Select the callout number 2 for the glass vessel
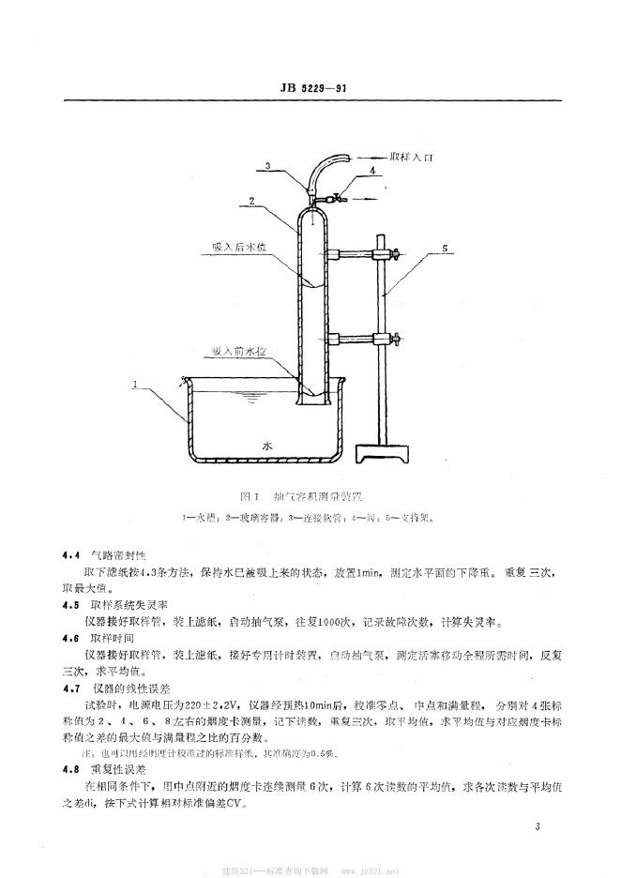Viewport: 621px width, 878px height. [x=251, y=200]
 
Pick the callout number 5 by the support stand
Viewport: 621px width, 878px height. [x=448, y=250]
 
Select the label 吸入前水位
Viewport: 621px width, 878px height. [x=238, y=351]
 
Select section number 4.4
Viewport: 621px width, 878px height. [x=70, y=556]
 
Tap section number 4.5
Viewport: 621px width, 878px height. [x=70, y=606]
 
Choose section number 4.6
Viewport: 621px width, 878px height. [x=70, y=638]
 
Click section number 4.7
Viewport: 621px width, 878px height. [x=70, y=687]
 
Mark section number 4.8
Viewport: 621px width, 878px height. [x=70, y=768]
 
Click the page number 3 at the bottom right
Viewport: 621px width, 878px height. [x=538, y=826]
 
